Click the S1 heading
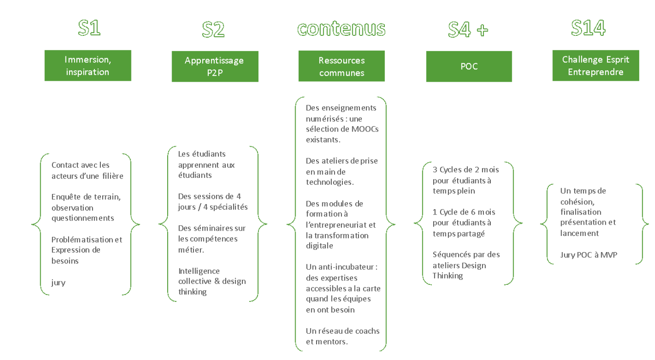tap(89, 28)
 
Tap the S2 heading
tap(214, 30)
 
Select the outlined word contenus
tap(341, 29)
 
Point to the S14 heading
tap(588, 28)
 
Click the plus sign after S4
tap(483, 30)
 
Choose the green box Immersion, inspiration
tap(88, 66)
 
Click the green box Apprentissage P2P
tap(215, 66)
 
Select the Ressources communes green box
tap(341, 66)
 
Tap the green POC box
tap(469, 66)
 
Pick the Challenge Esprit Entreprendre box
tap(596, 66)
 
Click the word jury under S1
tap(58, 283)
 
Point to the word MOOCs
tap(365, 129)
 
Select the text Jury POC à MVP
tap(589, 255)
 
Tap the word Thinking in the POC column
tap(448, 276)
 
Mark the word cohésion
tap(577, 202)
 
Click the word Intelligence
tap(199, 271)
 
